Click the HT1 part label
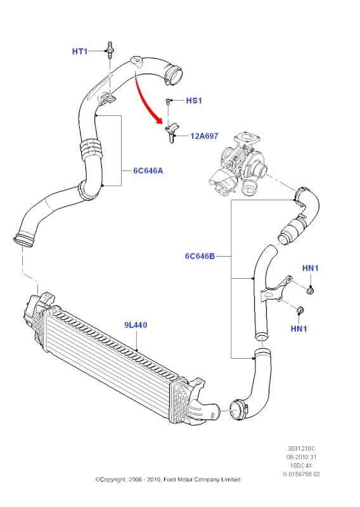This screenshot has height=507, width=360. click(x=80, y=51)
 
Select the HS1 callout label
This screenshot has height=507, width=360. click(x=194, y=101)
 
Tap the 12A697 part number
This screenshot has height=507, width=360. click(x=204, y=136)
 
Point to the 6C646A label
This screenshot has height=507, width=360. click(x=148, y=170)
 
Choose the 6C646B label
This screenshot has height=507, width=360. click(x=200, y=256)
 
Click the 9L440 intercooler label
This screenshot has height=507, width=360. click(x=136, y=324)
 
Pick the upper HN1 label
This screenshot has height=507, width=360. click(x=311, y=268)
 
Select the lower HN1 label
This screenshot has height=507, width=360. click(x=299, y=329)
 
